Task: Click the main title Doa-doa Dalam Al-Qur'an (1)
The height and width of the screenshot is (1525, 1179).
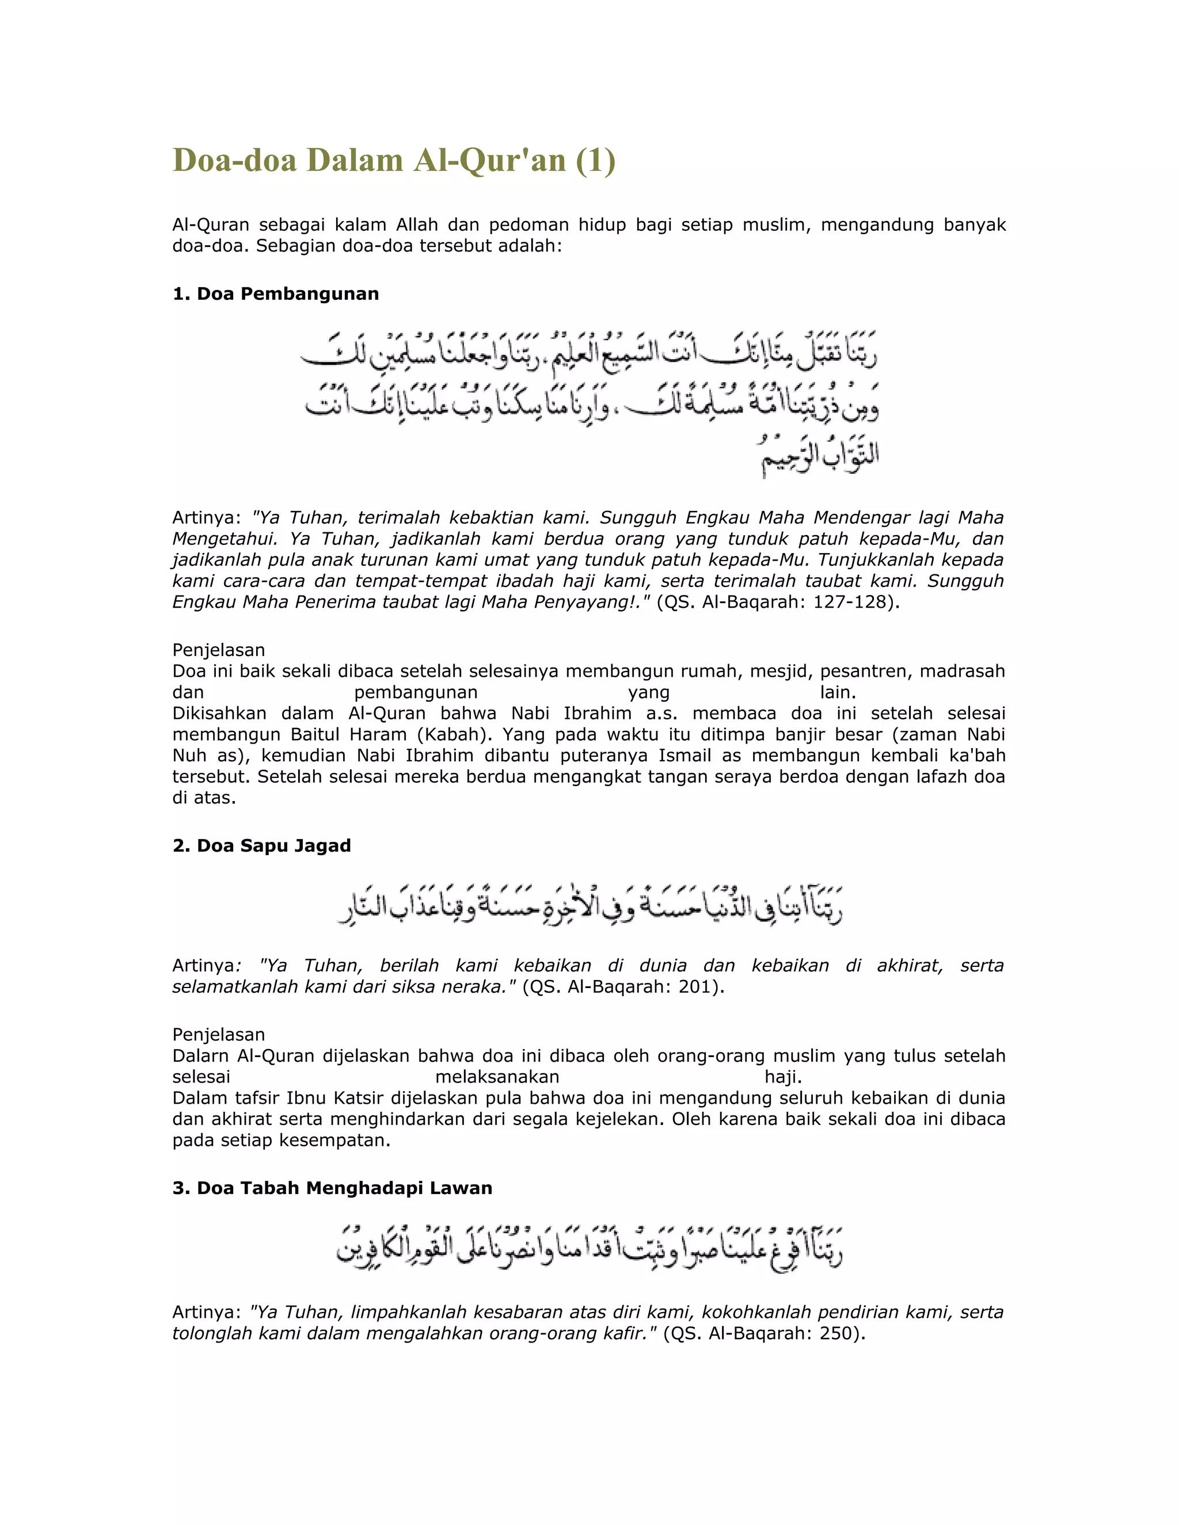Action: click(x=393, y=161)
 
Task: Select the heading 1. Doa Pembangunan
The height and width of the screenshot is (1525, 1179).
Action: click(x=275, y=294)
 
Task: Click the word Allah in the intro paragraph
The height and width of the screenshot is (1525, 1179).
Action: click(x=417, y=225)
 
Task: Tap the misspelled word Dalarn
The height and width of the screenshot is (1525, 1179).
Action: click(x=201, y=1056)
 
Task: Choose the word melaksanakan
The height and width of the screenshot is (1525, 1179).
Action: click(x=497, y=1077)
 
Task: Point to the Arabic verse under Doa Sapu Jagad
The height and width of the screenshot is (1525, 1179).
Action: click(x=590, y=906)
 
